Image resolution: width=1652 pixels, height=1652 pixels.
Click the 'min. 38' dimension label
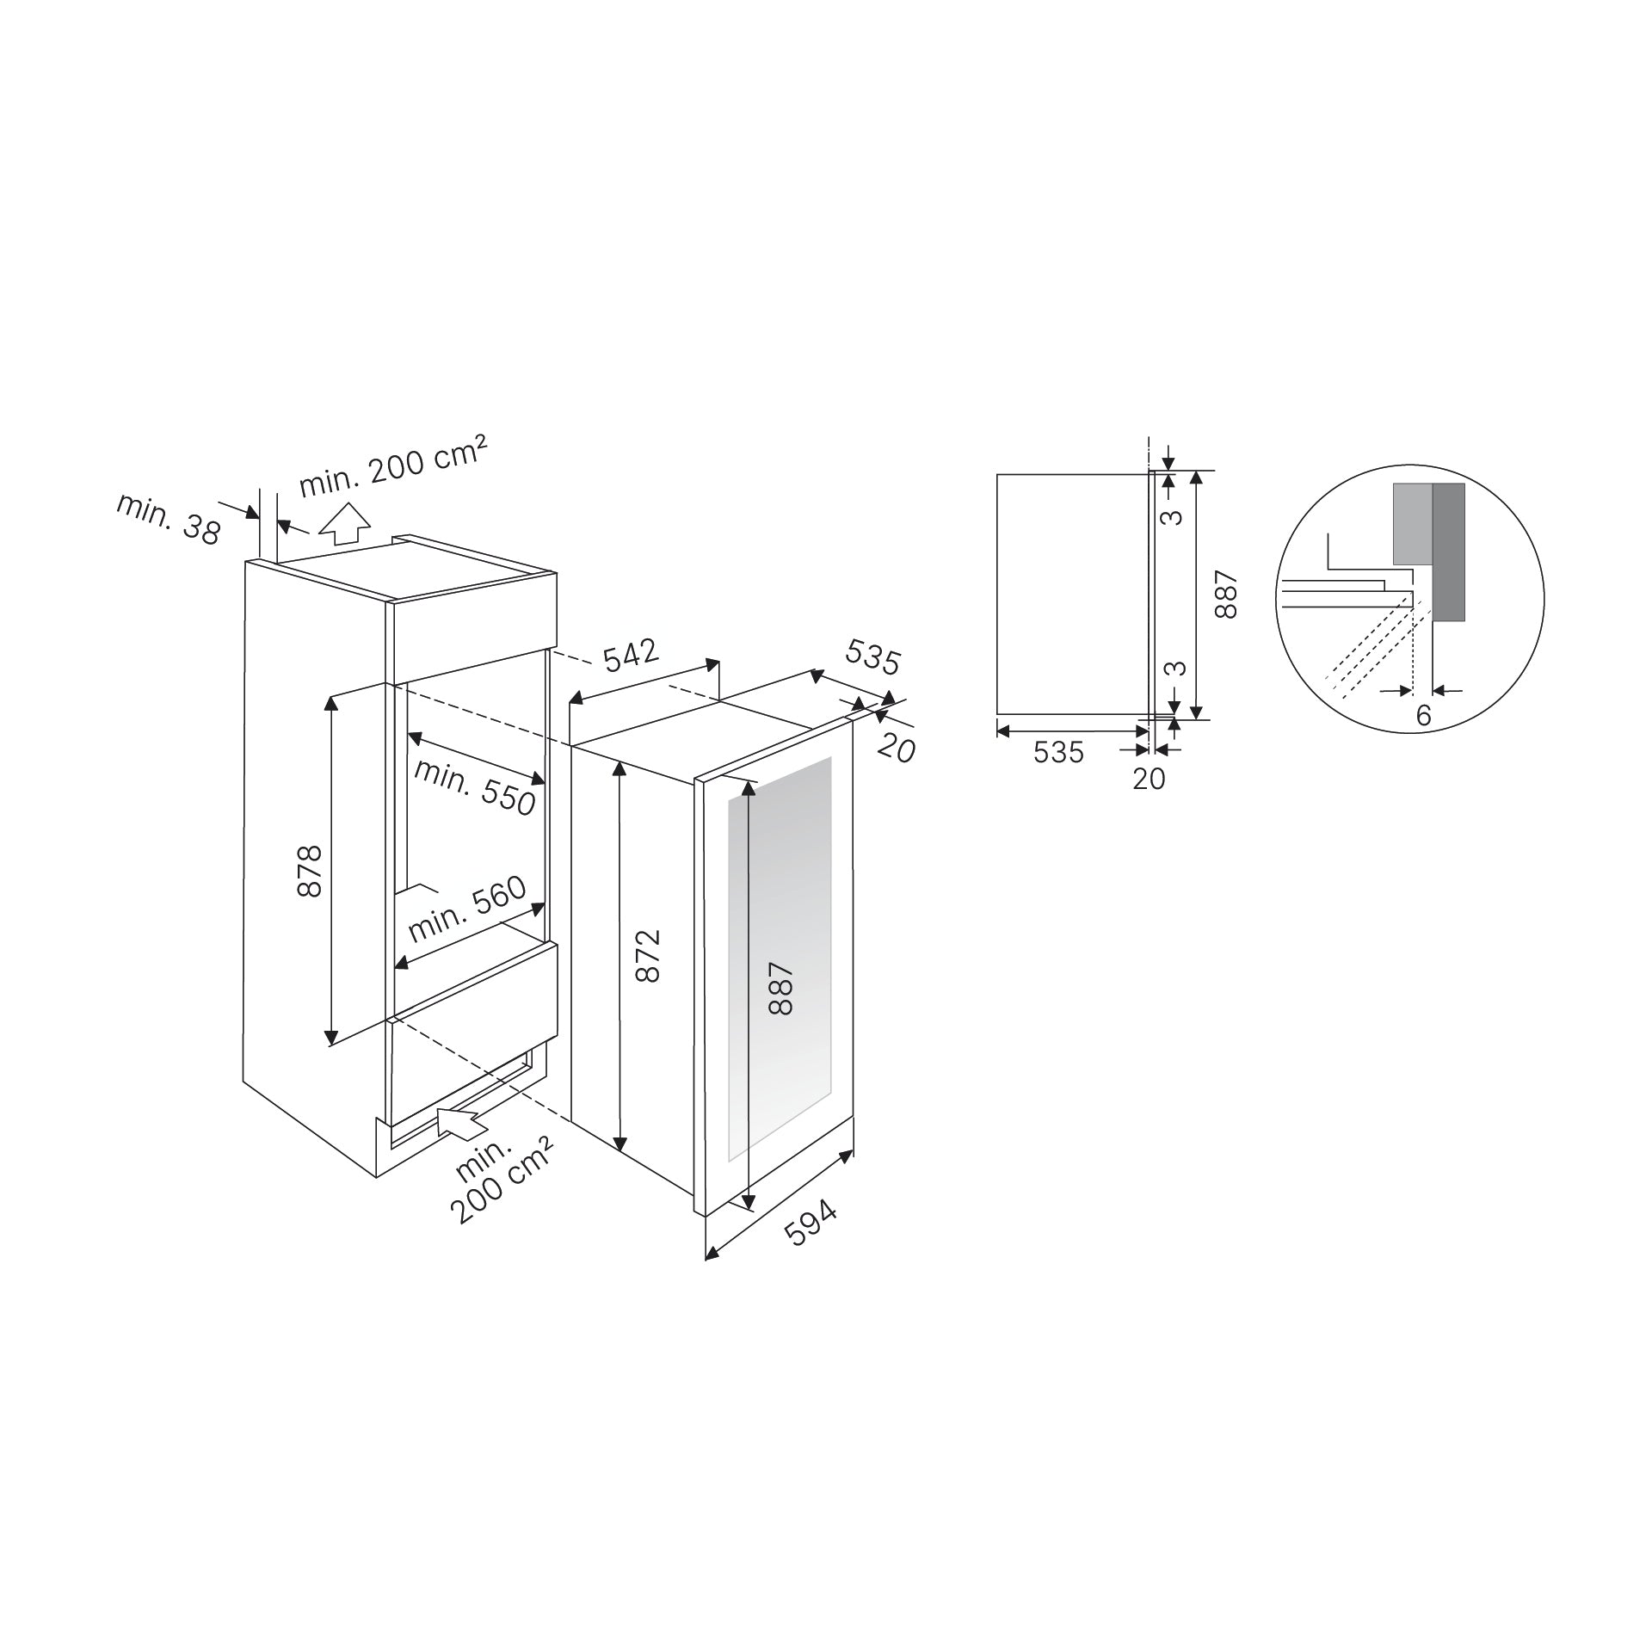point(169,519)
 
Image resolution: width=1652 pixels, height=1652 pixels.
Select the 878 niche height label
point(310,871)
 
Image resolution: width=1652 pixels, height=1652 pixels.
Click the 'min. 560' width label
point(466,909)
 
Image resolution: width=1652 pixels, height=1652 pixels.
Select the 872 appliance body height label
point(647,955)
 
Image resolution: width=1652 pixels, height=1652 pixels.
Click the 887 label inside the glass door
point(780,989)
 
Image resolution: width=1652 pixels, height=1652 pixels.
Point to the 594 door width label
point(811,1223)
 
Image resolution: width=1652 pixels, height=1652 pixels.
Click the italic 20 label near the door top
point(897,748)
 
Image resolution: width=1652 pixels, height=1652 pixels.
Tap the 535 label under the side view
point(1058,752)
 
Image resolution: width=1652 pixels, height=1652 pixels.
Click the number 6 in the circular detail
point(1423,714)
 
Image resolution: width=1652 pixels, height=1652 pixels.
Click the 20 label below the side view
point(1149,779)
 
